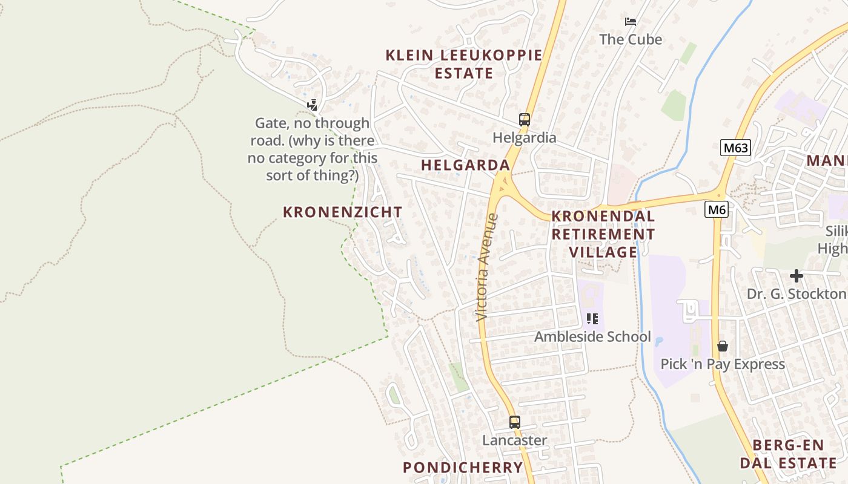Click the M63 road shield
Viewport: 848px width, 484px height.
tap(735, 148)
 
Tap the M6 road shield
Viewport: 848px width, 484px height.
tap(717, 210)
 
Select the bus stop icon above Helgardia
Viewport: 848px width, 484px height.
tap(525, 119)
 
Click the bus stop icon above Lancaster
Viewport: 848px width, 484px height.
tap(514, 422)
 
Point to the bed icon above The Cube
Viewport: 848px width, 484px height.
tap(631, 22)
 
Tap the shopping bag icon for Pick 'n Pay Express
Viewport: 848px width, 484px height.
tap(722, 346)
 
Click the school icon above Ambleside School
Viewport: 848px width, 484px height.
tap(592, 318)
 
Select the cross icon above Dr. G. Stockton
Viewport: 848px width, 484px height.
tap(796, 276)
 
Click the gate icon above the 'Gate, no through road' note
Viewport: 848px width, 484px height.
tap(312, 105)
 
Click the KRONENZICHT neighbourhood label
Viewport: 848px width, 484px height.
tap(342, 212)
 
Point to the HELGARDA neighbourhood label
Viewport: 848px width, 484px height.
tap(465, 165)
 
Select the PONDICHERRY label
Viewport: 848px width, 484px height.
tap(463, 467)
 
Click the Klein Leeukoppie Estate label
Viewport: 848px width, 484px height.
tap(464, 64)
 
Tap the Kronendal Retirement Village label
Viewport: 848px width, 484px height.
tap(603, 234)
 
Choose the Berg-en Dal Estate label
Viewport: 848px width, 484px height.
tap(788, 454)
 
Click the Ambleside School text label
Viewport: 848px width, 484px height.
tap(592, 336)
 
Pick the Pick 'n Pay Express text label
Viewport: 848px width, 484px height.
tap(722, 364)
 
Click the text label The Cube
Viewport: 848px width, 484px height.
tap(631, 39)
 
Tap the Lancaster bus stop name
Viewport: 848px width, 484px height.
tap(514, 440)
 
